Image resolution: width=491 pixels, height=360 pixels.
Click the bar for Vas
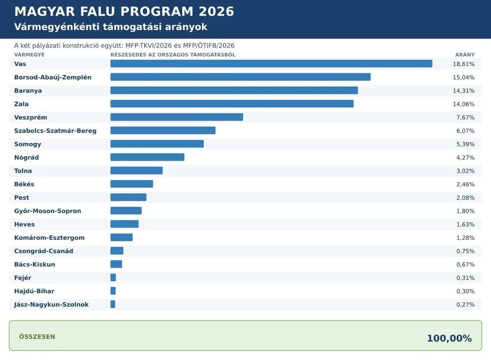click(271, 64)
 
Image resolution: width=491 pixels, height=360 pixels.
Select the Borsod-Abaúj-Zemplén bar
click(240, 77)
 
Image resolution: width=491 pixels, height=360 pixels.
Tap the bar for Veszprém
click(176, 117)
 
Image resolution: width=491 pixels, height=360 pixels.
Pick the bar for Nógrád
click(147, 157)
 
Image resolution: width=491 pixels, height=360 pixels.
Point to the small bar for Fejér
click(113, 277)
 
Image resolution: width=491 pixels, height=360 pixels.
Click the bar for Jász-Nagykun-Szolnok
click(113, 304)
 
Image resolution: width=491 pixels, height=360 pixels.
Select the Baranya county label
click(28, 91)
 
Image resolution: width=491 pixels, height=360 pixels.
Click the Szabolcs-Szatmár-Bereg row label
click(55, 131)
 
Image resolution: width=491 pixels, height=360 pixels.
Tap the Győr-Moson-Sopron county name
click(48, 211)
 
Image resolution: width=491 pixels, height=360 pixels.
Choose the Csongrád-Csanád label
click(44, 251)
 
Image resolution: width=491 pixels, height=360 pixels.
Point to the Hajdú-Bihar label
click(34, 291)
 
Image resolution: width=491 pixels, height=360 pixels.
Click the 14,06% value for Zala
click(463, 104)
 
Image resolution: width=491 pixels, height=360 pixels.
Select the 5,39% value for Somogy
click(466, 144)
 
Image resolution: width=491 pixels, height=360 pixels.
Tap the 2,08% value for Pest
click(466, 198)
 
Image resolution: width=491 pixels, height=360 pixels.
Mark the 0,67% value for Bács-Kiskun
click(466, 265)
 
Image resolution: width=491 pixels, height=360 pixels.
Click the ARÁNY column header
click(465, 55)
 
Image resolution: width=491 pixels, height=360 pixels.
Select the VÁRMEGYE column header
click(30, 55)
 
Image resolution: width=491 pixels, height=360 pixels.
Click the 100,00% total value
click(449, 338)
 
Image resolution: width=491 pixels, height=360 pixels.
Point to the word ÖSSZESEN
click(37, 336)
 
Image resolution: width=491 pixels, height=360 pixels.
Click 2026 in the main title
click(216, 11)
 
